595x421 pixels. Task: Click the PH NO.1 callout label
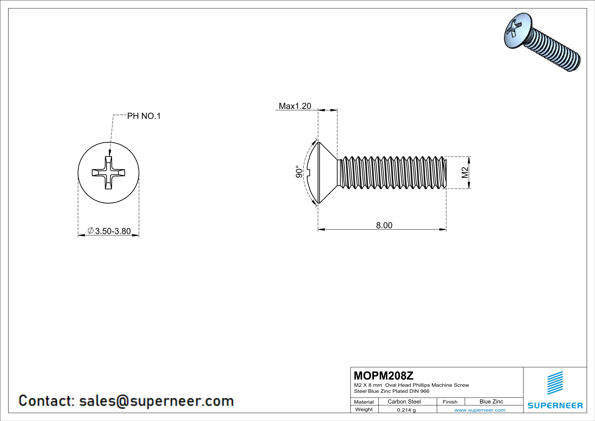coord(144,116)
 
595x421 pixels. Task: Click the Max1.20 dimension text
coord(295,106)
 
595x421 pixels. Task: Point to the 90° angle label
coord(299,172)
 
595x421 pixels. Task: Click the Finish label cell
coord(450,402)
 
